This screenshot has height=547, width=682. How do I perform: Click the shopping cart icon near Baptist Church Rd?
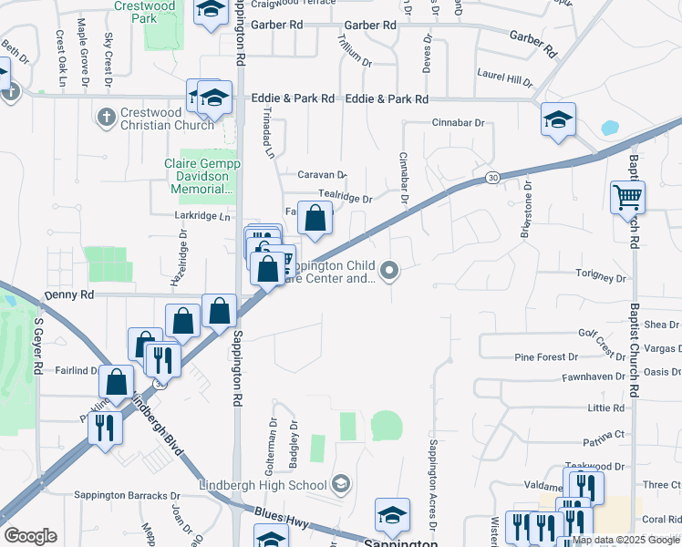coord(627,197)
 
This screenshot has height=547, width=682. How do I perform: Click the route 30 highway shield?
coord(492,177)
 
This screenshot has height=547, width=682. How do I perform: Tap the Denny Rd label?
coord(69,295)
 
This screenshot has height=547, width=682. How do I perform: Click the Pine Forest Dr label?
coord(546,357)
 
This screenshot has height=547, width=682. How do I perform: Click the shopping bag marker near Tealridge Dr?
coord(315,219)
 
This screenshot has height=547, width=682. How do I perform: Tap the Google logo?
coord(30,536)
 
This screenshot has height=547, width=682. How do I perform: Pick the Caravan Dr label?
coord(323,174)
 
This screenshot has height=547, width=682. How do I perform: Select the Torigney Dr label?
coord(601,276)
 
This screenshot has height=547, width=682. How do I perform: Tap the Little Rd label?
coord(605,408)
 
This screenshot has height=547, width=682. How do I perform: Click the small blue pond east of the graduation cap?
coord(609,128)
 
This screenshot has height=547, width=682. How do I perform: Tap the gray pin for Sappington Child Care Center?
coord(389,269)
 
